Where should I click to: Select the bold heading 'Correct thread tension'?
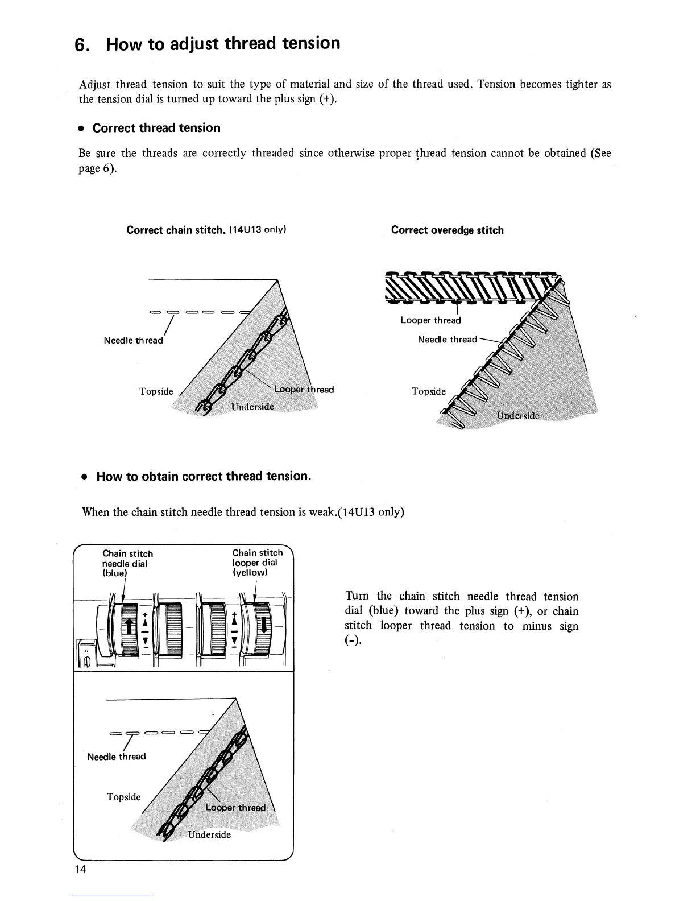point(156,128)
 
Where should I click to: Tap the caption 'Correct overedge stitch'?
point(447,230)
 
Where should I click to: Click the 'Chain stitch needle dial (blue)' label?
point(127,563)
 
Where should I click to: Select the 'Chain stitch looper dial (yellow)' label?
point(257,562)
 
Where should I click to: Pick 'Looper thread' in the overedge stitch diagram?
point(430,320)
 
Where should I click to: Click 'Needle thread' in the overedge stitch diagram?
point(447,340)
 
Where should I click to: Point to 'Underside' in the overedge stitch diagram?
point(517,415)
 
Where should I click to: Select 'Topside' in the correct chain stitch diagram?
point(156,391)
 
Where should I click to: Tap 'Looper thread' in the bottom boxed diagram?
point(235,808)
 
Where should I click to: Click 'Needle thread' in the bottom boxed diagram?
point(117,757)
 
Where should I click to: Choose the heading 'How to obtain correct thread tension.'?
point(203,476)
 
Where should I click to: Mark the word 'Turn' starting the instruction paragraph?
point(357,596)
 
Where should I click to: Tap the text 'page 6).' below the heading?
point(97,168)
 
